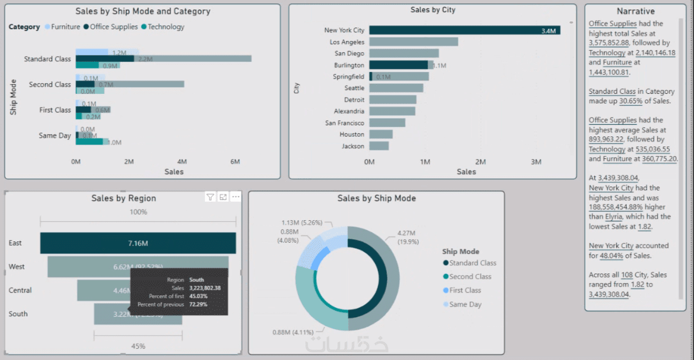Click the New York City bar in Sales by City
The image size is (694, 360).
coord(464,30)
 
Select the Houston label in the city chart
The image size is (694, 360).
coord(351,135)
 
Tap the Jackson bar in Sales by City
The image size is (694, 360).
coord(379,146)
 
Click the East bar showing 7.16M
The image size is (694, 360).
coord(138,243)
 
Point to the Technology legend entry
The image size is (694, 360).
coord(166,27)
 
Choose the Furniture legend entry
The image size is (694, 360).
coord(65,27)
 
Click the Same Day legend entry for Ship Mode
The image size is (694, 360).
coord(465,304)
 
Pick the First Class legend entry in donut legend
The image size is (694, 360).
coord(465,290)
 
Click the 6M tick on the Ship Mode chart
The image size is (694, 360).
coord(235,162)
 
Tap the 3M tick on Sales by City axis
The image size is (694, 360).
coord(536,162)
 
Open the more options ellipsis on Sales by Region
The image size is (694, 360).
coord(236,197)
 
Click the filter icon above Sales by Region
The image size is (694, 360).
coord(210,197)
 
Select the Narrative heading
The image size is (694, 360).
coord(636,11)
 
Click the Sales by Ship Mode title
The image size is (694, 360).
coord(376,198)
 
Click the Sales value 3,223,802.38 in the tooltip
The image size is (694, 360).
coord(205,288)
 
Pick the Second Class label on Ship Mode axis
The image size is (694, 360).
coord(50,85)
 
